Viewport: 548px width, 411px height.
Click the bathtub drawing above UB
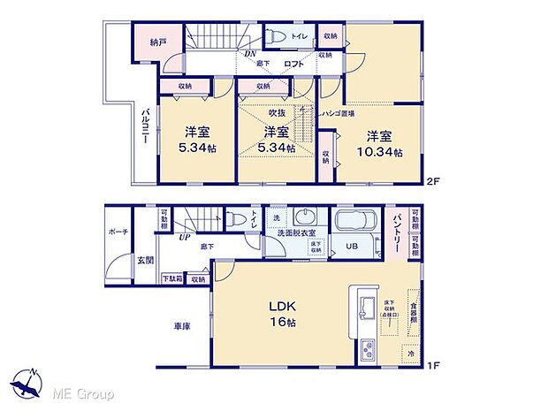pos(356,221)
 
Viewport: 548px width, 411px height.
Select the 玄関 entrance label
pos(145,259)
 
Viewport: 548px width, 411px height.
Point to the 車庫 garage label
pos(182,326)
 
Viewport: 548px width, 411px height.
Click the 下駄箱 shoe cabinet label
pos(172,279)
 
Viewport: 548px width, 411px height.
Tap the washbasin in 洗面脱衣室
pos(306,218)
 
